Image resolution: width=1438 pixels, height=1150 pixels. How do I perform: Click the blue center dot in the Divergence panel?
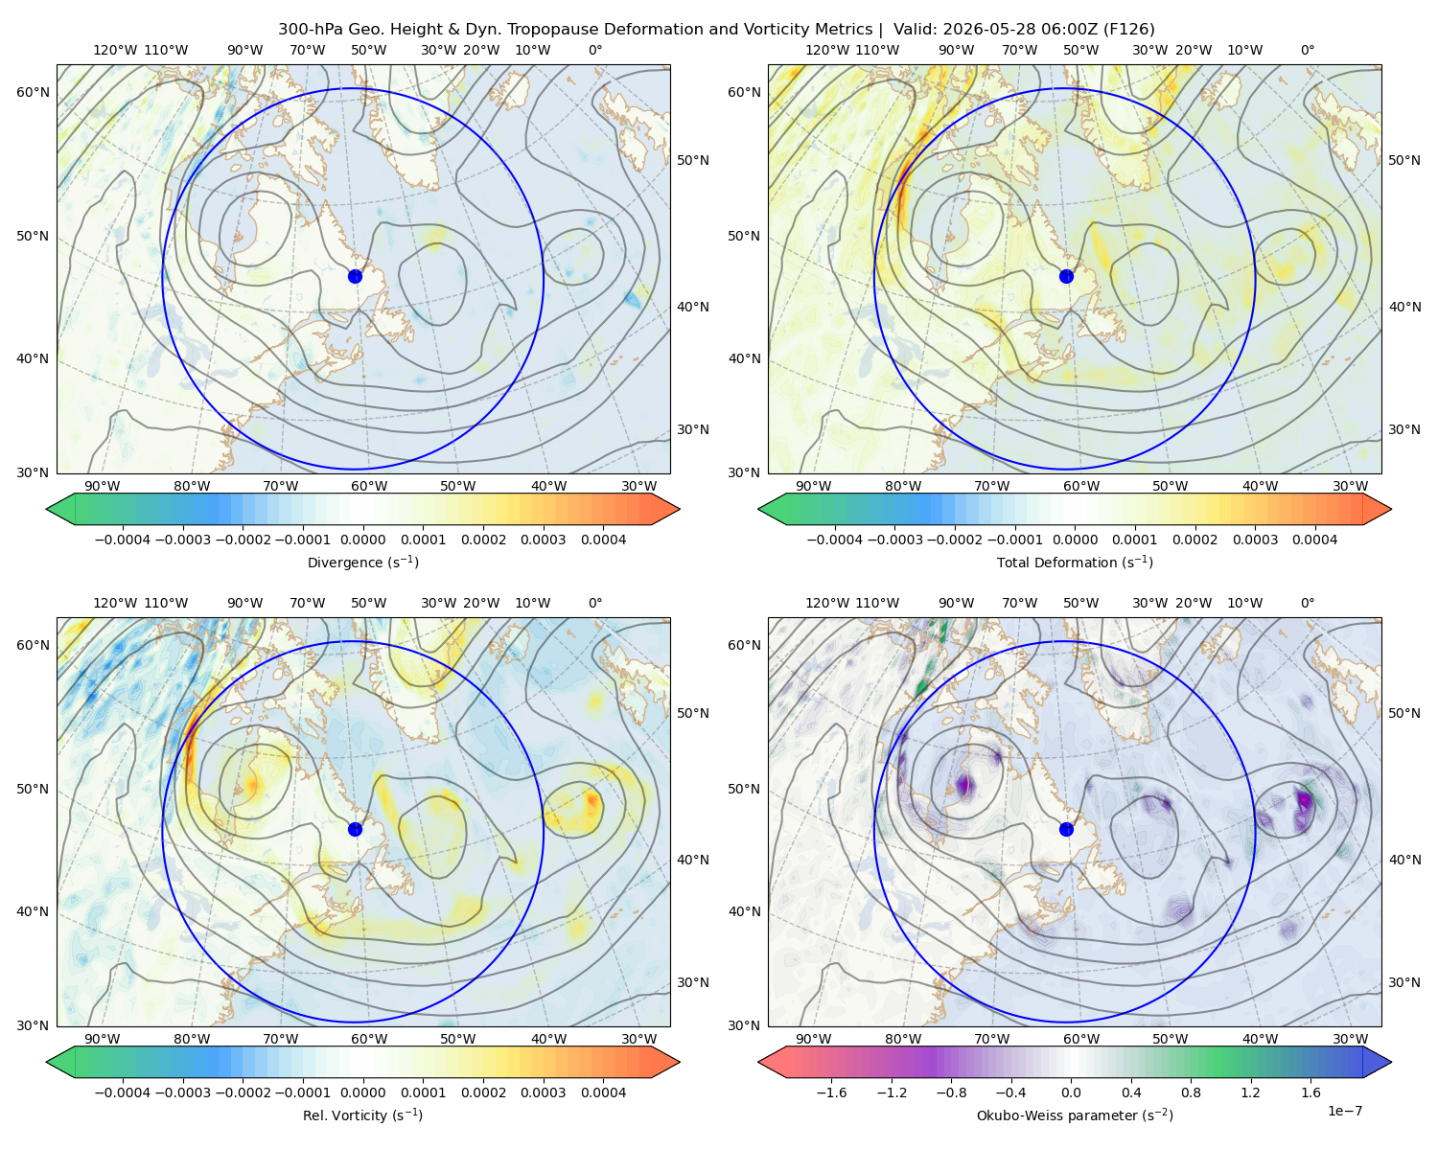(355, 276)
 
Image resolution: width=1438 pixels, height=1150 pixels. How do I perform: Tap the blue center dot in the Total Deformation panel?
(1066, 276)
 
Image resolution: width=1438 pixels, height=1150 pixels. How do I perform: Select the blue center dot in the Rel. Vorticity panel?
(355, 829)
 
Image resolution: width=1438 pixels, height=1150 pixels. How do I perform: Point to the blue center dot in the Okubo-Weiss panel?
(1066, 829)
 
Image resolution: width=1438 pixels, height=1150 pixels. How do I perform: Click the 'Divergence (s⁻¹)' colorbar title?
(362, 562)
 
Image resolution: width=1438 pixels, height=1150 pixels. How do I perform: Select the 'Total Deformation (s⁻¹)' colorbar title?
(1075, 562)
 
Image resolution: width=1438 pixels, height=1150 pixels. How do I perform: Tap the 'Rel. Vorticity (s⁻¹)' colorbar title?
(362, 1115)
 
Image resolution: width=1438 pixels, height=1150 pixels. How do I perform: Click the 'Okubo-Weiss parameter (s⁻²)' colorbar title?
(1075, 1115)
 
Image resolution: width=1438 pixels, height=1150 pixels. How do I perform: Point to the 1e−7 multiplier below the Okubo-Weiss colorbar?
(1344, 1111)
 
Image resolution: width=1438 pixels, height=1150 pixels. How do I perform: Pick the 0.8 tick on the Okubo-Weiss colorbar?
(1191, 1092)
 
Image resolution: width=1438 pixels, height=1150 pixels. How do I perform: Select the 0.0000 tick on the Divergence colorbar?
(362, 540)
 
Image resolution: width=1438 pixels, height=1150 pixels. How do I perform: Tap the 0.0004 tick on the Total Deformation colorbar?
(1314, 540)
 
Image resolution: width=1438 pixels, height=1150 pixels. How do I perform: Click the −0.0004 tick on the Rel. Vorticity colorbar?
(123, 1092)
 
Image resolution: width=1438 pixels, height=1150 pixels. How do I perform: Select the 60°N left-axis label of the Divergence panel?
(33, 92)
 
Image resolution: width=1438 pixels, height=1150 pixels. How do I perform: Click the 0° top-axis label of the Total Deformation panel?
(1307, 50)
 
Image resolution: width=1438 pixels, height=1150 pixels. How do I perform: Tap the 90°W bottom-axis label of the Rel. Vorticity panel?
(103, 1039)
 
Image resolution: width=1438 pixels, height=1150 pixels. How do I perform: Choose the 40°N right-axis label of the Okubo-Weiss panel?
(1404, 860)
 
